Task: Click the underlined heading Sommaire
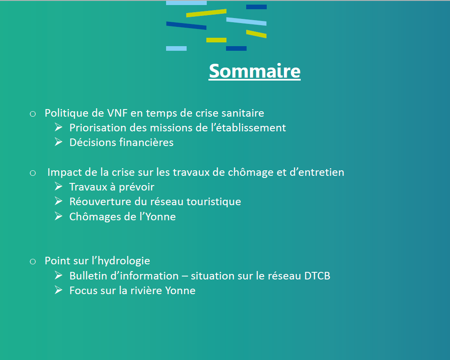tap(255, 71)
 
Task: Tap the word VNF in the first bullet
tap(117, 113)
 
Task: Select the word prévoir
tap(137, 187)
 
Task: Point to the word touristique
tap(214, 202)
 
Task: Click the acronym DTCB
tap(317, 276)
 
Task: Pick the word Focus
tap(83, 290)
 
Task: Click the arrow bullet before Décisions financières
tap(59, 142)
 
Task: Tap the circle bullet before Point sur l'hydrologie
tap(33, 261)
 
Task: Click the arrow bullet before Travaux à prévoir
tap(59, 186)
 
